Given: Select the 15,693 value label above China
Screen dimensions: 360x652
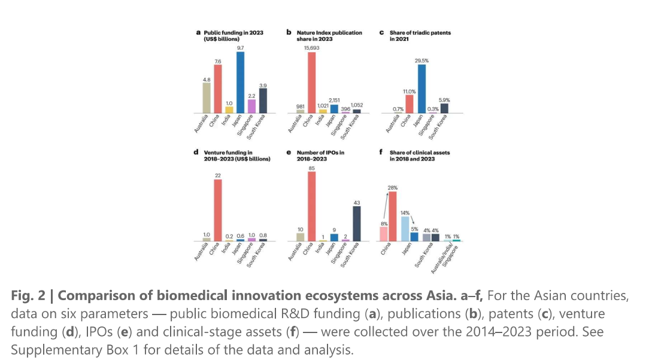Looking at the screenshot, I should pyautogui.click(x=312, y=47).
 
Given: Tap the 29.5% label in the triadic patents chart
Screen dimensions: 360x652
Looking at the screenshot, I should pyautogui.click(x=422, y=60).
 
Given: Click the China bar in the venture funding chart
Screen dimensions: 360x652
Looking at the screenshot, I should pyautogui.click(x=218, y=210).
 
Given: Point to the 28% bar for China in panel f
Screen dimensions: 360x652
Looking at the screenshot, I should pyautogui.click(x=393, y=216).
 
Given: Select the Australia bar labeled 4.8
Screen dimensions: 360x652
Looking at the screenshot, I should pyautogui.click(x=207, y=98).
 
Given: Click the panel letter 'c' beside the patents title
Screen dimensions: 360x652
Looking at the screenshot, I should pyautogui.click(x=381, y=32).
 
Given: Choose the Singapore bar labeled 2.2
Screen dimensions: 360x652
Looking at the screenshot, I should pyautogui.click(x=251, y=106).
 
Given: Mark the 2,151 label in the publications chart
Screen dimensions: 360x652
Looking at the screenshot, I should pyautogui.click(x=334, y=101).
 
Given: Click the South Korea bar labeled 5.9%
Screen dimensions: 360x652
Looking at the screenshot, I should pyautogui.click(x=444, y=108).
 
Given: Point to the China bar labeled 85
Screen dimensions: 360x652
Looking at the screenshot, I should pyautogui.click(x=312, y=206).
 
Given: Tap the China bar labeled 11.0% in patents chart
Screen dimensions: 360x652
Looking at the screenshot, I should pyautogui.click(x=410, y=104).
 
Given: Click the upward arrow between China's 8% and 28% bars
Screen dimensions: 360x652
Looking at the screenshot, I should pyautogui.click(x=386, y=207).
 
